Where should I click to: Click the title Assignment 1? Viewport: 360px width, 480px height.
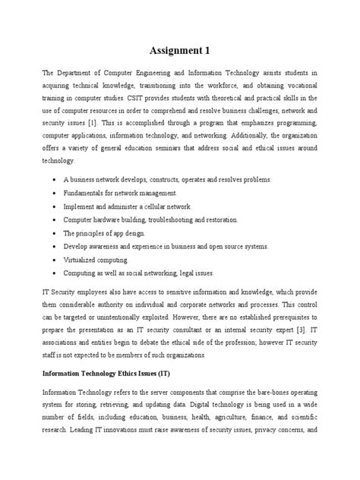180,51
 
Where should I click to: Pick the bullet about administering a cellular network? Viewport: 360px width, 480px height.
116,206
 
